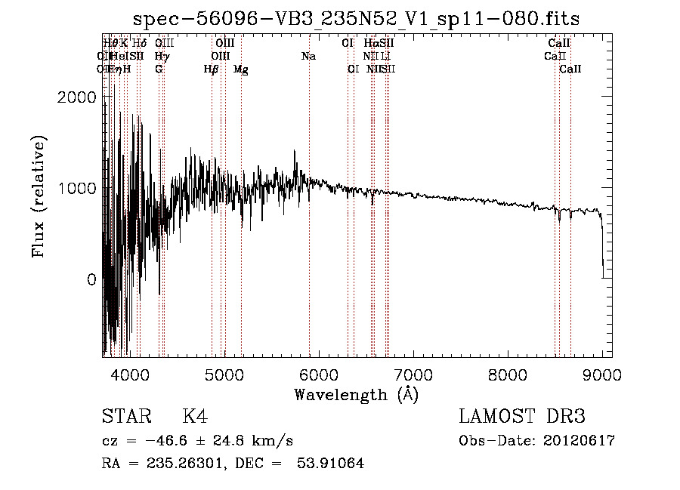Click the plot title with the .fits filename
coord(356,19)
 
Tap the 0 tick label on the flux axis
coord(91,279)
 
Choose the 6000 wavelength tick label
coord(319,374)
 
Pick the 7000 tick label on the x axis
coord(413,374)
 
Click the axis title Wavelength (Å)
coord(356,394)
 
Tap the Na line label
coord(308,56)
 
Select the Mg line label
coord(241,69)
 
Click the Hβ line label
coord(212,69)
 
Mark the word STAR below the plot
coord(126,417)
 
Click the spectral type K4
coord(195,417)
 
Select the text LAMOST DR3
coord(522,417)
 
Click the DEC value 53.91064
coord(332,464)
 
